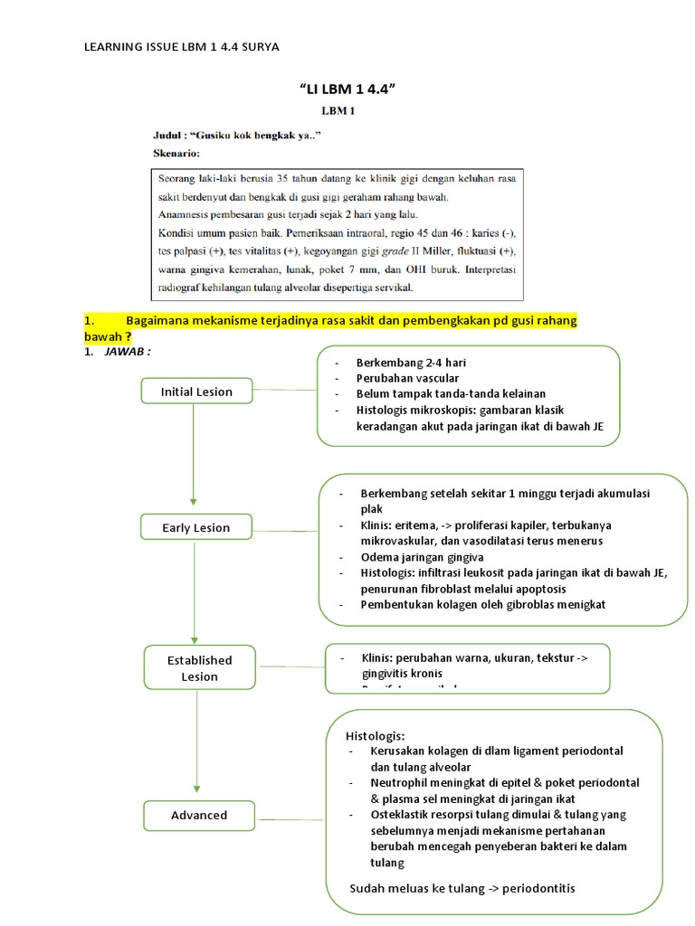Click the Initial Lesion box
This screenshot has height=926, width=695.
click(196, 392)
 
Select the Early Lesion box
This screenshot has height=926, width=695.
click(196, 527)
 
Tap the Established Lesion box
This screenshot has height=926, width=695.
click(199, 668)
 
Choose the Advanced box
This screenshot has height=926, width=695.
click(199, 815)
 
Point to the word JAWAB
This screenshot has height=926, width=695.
click(126, 352)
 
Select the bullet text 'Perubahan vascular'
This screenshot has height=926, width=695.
click(407, 377)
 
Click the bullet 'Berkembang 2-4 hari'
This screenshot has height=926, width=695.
click(411, 362)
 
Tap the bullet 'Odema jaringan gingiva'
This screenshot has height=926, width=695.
click(422, 557)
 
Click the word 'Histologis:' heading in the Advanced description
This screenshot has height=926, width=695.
click(376, 734)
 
